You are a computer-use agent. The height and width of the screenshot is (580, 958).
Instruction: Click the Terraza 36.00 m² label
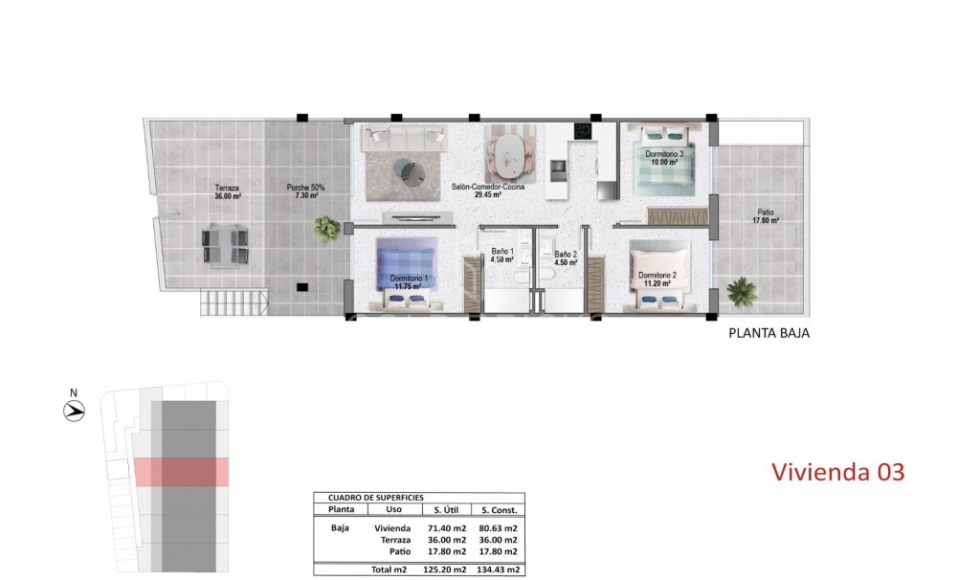coord(227,191)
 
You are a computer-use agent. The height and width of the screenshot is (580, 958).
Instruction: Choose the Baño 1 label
coord(502,256)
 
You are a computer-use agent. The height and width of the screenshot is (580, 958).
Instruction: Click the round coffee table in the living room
coord(413,171)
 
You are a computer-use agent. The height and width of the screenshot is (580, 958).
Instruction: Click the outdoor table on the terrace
coord(227,244)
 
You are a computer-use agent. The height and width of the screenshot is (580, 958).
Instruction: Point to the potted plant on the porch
coord(327,228)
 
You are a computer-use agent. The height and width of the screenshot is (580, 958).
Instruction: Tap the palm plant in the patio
coord(741,290)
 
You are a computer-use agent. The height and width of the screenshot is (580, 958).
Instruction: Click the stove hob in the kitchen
coord(582,132)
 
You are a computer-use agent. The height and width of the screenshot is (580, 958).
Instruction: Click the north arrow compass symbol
coord(74,411)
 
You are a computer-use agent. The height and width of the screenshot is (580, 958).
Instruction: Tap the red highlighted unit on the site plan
coord(180,471)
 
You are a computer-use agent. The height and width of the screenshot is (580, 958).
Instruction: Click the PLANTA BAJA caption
coord(770,334)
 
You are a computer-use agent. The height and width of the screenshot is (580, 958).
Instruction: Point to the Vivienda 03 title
coord(837,472)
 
